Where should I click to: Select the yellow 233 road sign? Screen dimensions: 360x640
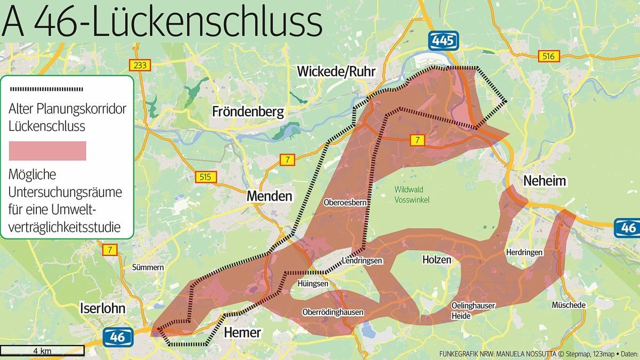click(140, 65)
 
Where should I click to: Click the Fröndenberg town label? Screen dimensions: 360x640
click(248, 111)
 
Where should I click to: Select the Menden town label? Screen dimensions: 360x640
click(269, 196)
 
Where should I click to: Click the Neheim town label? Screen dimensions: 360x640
click(544, 181)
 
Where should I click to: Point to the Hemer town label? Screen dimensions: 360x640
click(242, 333)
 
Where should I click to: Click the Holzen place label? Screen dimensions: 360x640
click(436, 260)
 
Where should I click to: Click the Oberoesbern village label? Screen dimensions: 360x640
click(343, 203)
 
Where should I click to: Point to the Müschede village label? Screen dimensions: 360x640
click(569, 305)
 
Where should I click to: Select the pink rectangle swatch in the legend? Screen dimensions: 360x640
click(47, 151)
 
